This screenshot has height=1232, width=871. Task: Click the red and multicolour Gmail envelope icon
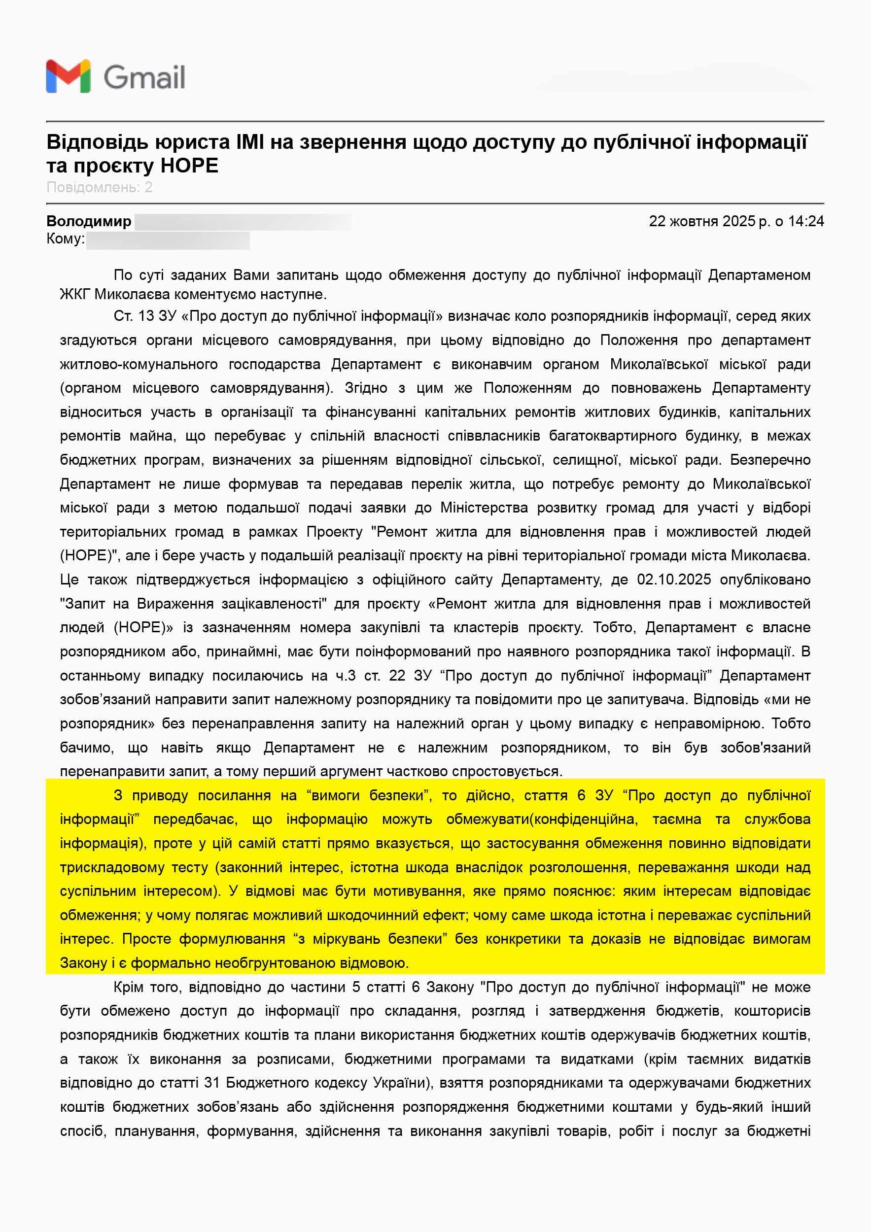coord(68,76)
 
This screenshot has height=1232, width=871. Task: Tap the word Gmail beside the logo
coord(144,77)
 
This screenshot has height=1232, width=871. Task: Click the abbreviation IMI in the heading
coord(249,142)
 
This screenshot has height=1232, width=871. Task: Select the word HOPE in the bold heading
coord(189,166)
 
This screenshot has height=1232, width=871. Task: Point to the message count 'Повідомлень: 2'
coord(99,187)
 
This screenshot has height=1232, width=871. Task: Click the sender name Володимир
coord(89,221)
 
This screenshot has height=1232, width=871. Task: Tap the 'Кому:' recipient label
coord(66,239)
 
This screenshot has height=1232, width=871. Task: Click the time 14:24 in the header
coord(805,221)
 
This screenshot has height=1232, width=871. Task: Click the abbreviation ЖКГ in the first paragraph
coord(74,294)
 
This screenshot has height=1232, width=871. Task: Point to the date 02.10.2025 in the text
coord(673,580)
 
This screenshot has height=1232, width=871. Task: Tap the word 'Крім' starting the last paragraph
coord(128,987)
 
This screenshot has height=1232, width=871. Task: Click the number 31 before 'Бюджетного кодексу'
coord(212,1083)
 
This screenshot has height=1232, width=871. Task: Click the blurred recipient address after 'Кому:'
coord(168,240)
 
